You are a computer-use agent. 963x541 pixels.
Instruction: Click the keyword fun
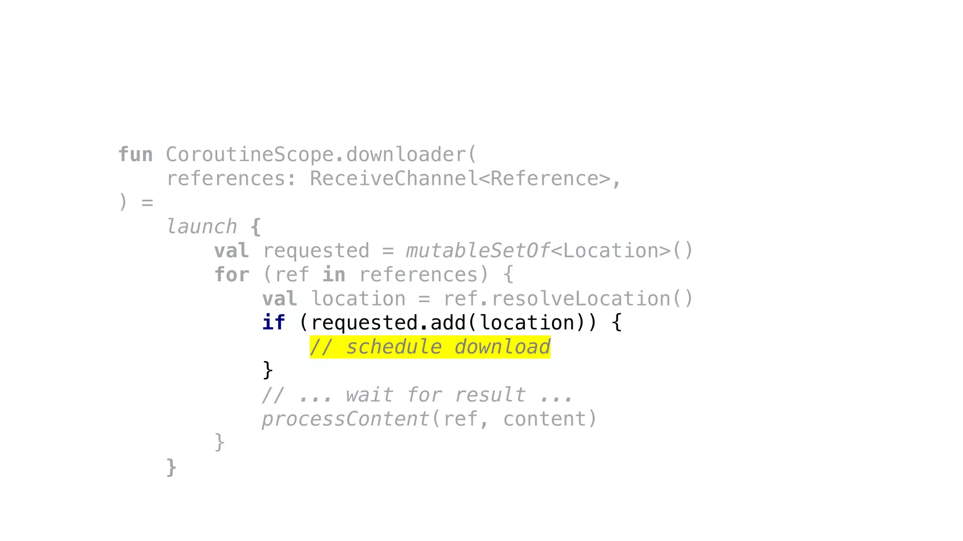click(x=135, y=155)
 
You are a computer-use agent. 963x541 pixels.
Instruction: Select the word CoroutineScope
click(x=249, y=155)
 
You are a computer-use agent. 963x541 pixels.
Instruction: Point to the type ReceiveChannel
click(x=394, y=179)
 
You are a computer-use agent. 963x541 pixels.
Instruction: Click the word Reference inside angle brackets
click(x=544, y=179)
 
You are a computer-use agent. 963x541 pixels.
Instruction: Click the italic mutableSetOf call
click(x=478, y=251)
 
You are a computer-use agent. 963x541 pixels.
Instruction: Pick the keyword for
click(x=232, y=275)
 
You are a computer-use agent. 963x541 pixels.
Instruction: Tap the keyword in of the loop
click(x=334, y=275)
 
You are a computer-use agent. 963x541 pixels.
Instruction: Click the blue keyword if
click(x=274, y=323)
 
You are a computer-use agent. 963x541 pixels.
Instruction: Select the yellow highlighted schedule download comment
click(x=430, y=347)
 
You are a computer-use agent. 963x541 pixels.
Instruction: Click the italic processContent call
click(x=346, y=419)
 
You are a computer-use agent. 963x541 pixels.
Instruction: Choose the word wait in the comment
click(x=370, y=395)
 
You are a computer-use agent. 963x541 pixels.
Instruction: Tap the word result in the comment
click(x=490, y=395)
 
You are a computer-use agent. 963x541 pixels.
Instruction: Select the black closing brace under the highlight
click(x=268, y=371)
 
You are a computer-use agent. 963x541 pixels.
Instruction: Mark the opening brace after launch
click(x=256, y=227)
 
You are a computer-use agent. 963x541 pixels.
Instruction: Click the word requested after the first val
click(x=316, y=251)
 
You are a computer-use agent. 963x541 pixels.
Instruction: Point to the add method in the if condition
click(x=448, y=323)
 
